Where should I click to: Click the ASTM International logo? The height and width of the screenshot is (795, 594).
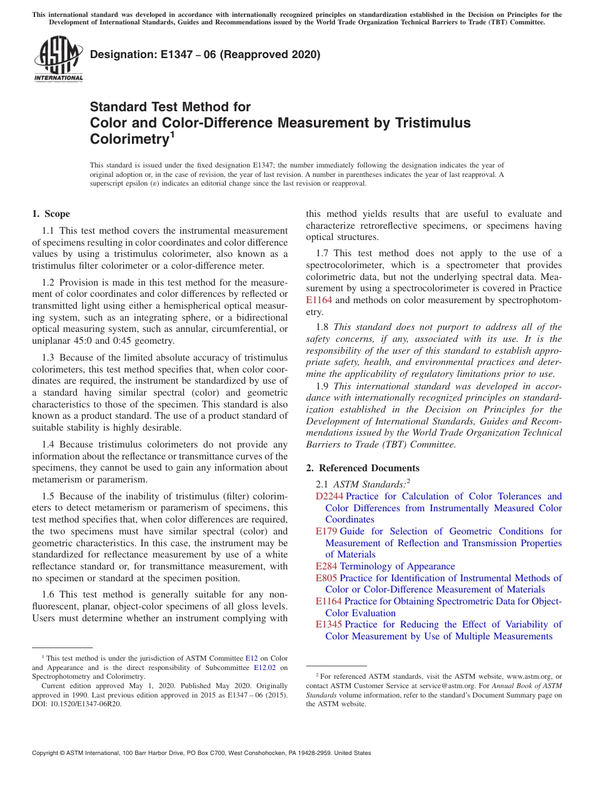[58, 59]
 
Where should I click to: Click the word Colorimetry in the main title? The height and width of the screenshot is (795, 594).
[129, 139]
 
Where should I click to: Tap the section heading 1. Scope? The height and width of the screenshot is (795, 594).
[51, 214]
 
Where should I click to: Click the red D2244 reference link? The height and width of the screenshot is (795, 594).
[330, 496]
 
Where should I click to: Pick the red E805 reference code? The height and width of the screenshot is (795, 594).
[326, 578]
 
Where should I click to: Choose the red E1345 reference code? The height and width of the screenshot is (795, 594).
[329, 624]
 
